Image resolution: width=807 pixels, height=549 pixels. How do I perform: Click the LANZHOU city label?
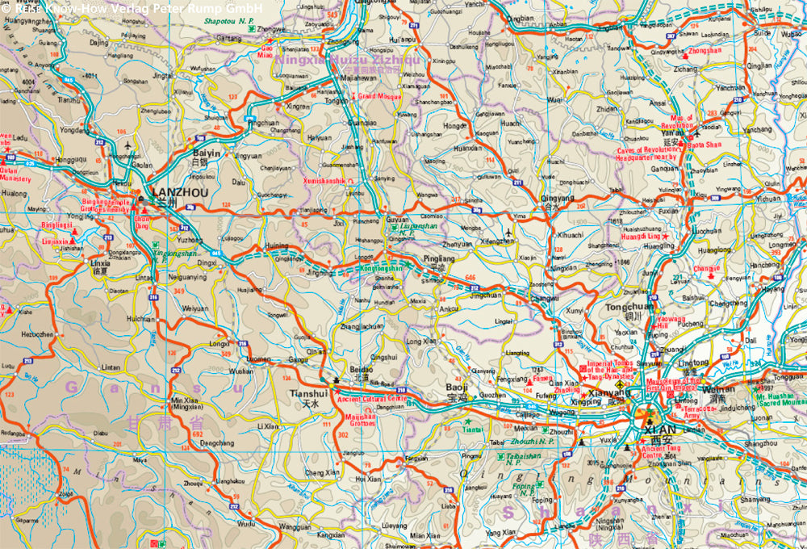click(180, 193)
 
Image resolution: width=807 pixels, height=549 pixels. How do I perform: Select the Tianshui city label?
click(307, 393)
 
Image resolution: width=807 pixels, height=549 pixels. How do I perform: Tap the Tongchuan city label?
click(629, 308)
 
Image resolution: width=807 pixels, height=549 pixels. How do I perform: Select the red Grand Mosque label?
click(378, 96)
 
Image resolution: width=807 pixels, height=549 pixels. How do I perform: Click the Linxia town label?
click(101, 263)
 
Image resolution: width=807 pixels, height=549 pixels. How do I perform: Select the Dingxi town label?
click(207, 262)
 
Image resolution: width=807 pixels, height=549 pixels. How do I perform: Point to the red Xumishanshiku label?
click(328, 182)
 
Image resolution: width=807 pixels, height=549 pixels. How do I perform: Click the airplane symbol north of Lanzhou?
click(128, 146)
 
